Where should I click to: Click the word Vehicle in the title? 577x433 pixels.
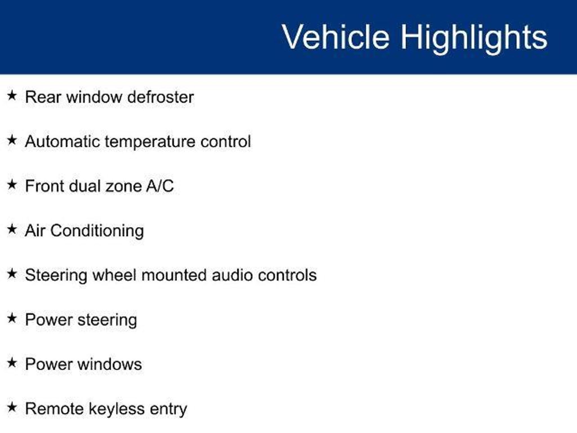(336, 37)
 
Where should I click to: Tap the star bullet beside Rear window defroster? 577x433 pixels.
(12, 96)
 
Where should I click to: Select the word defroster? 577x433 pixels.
(161, 97)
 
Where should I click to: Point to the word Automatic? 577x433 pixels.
(63, 141)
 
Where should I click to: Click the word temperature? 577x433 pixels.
(150, 142)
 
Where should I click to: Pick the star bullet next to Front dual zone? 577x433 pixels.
(12, 185)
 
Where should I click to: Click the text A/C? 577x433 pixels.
(160, 186)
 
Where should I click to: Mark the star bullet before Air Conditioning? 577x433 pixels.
(12, 229)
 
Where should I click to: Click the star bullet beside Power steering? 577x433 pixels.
(12, 318)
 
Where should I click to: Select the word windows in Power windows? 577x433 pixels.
(110, 364)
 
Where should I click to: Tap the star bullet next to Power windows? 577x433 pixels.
(12, 363)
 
